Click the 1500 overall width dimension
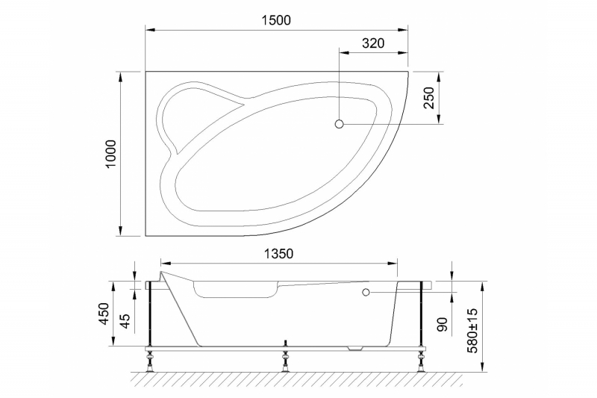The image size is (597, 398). click(x=276, y=20)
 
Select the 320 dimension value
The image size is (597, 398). click(x=372, y=43)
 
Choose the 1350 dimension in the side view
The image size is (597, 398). click(x=278, y=254)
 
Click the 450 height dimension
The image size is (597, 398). click(x=110, y=314)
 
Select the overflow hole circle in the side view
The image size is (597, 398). click(x=366, y=293)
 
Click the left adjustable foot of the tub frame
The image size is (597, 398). click(x=150, y=364)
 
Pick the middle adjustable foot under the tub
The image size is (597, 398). click(x=284, y=364)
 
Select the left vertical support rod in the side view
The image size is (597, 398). click(x=151, y=314)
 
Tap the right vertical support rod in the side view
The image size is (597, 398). click(x=422, y=314)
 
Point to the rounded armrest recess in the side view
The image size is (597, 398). click(x=235, y=290)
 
